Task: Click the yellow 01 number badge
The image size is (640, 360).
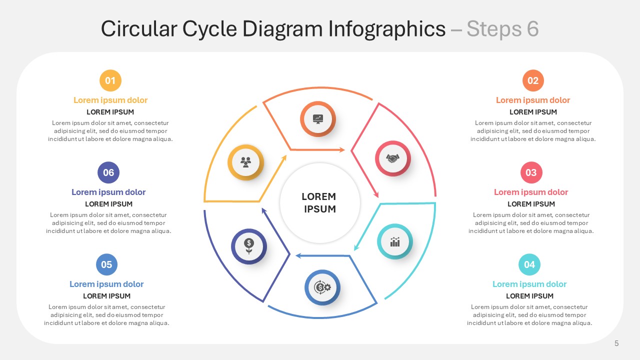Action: pos(110,80)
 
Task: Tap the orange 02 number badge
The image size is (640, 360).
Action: pos(533,80)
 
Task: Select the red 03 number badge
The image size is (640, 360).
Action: pos(531,172)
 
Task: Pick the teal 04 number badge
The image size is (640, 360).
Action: pos(529,264)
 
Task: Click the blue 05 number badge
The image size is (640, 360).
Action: pos(106,264)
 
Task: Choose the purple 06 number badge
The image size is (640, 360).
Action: pos(108,172)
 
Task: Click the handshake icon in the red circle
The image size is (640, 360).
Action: pos(393,158)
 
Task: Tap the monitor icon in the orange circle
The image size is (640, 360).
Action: pos(318,119)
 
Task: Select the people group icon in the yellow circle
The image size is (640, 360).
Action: pos(245,162)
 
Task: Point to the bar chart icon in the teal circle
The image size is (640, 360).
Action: pos(395,241)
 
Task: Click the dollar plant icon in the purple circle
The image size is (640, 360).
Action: pos(249,246)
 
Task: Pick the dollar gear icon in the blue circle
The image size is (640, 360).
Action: pos(322,287)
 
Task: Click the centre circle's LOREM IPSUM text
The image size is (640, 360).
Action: pos(319,203)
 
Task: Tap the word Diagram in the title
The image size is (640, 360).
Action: pos(283,29)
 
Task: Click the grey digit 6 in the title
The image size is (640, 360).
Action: pos(533,29)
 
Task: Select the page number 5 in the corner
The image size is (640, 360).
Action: pos(616,343)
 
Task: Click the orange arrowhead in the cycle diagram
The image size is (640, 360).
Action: pos(342,149)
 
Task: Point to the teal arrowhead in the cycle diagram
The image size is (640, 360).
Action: pos(356,247)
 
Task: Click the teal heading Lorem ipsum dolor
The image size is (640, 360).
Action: pos(529,284)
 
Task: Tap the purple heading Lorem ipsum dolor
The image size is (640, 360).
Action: pos(108,192)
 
